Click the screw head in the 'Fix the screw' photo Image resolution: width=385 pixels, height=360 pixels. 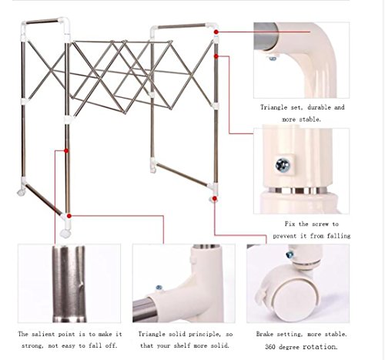pyautogui.click(x=283, y=165)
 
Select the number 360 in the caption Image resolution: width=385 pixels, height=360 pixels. pyautogui.click(x=270, y=347)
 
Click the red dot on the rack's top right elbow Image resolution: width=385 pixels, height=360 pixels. pyautogui.click(x=216, y=32)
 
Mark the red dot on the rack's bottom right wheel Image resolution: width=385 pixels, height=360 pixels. pyautogui.click(x=215, y=198)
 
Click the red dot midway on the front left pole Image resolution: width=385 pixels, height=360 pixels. pyautogui.click(x=66, y=151)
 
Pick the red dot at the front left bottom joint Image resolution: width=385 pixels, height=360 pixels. pyautogui.click(x=69, y=216)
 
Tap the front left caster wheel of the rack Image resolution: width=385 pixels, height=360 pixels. pyautogui.click(x=65, y=234)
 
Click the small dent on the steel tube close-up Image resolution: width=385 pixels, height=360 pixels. pyautogui.click(x=81, y=284)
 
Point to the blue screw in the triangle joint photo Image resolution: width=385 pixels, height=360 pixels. pyautogui.click(x=159, y=288)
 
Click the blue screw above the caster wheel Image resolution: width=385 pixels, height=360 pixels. pyautogui.click(x=290, y=254)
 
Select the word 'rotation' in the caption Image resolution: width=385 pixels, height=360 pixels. pyautogui.click(x=320, y=347)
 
